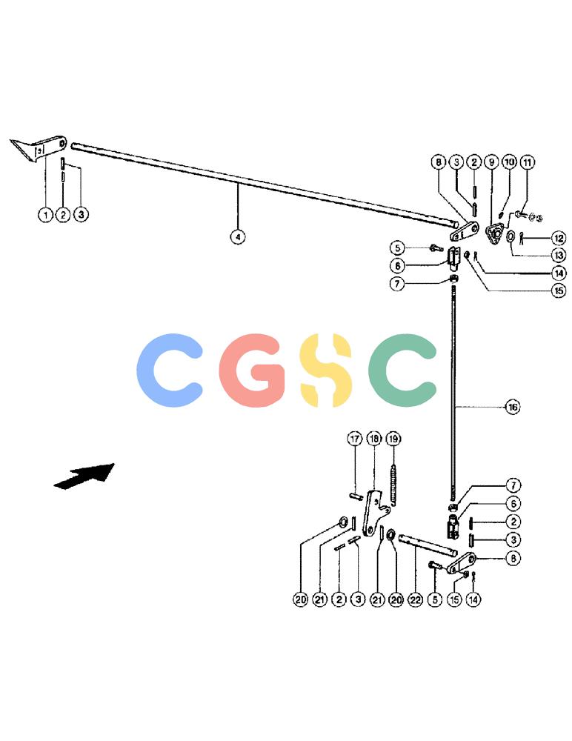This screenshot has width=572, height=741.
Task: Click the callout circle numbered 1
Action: pos(45,215)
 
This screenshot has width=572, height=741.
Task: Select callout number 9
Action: pos(492,162)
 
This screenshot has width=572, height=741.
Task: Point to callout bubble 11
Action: pos(528,162)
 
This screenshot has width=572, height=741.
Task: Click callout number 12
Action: pos(559,238)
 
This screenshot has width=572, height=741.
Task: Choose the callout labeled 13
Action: pos(559,255)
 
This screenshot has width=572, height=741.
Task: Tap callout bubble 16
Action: pos(513,406)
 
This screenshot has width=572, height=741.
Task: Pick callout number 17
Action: pos(355,439)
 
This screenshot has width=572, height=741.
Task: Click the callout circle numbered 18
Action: pos(374,439)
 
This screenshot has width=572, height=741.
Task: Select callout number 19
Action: pos(393,439)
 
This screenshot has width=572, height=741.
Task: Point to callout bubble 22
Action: pos(415,599)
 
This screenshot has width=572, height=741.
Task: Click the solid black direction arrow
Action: pos(85,476)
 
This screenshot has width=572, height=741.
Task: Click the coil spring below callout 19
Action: pos(393,486)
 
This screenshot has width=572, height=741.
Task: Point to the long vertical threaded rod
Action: pos(453,397)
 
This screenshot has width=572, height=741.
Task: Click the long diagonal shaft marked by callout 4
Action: pos(265,185)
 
